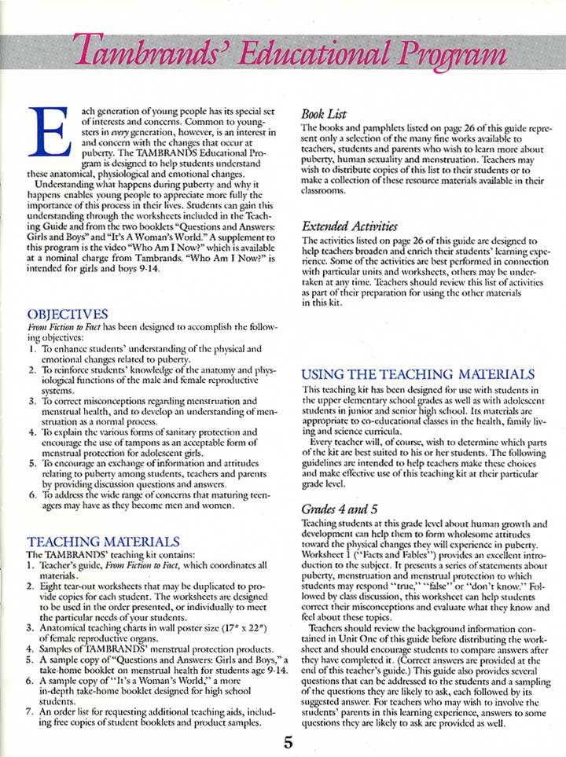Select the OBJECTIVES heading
point(67,314)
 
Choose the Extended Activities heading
point(350,227)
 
